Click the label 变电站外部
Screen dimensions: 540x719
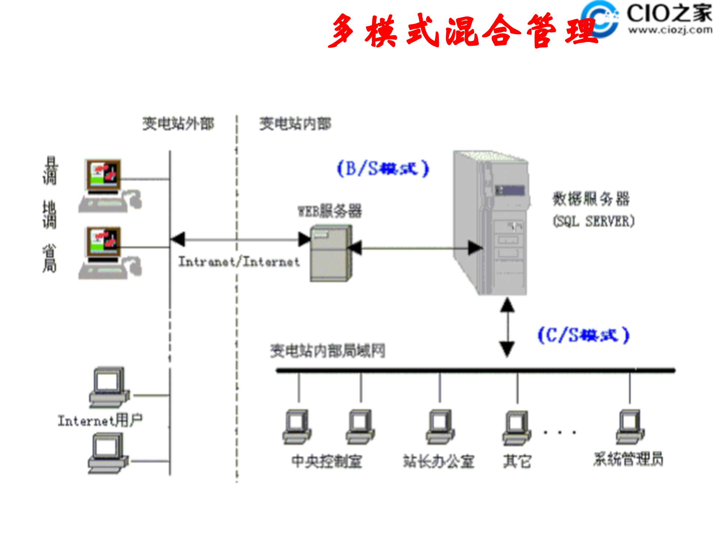(x=178, y=123)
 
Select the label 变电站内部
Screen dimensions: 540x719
(x=295, y=123)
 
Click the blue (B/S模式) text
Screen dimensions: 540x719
(x=383, y=168)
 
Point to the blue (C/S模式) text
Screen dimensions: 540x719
(x=583, y=335)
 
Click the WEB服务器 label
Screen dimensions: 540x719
(x=330, y=211)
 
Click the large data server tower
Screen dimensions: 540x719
(x=491, y=223)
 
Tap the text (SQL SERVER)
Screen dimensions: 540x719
(x=594, y=221)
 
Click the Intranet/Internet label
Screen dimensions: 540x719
(x=239, y=261)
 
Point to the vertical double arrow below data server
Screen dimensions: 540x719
(x=507, y=327)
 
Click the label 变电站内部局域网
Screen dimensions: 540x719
(x=327, y=351)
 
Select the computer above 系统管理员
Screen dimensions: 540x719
(x=630, y=427)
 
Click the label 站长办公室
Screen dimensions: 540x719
(x=439, y=461)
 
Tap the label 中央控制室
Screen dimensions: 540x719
(x=327, y=461)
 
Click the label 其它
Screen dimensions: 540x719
(x=517, y=461)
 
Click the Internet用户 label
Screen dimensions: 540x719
(x=100, y=420)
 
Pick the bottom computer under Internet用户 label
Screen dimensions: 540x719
(x=108, y=453)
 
